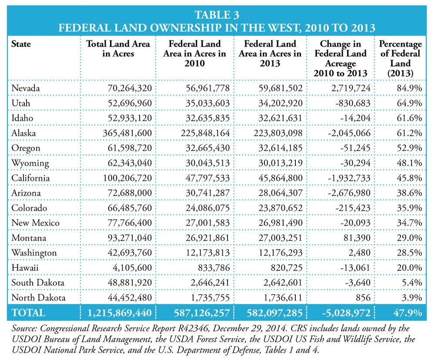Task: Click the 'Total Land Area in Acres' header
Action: click(118, 49)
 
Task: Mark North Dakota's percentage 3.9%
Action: click(412, 297)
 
